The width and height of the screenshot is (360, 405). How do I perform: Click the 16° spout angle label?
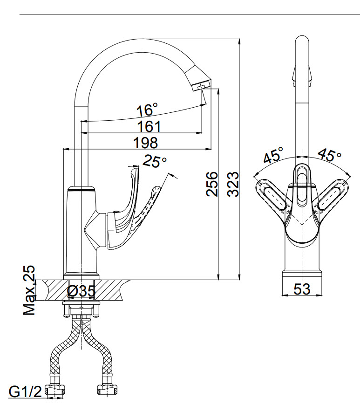tap(147, 110)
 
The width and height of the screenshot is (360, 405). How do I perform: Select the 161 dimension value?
tap(149, 127)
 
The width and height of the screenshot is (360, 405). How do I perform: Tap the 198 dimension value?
tap(145, 143)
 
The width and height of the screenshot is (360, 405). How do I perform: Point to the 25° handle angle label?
tap(155, 161)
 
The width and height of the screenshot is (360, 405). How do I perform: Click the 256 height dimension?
tap(211, 184)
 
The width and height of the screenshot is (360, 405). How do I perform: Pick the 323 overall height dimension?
tap(233, 184)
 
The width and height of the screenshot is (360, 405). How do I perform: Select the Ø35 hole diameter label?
tap(81, 291)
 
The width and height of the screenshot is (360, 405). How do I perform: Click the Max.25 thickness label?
tap(29, 290)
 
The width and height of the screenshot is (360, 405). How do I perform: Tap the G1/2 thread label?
tap(25, 392)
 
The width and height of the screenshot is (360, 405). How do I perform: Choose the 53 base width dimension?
tap(302, 289)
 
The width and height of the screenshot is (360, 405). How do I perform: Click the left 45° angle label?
tap(273, 155)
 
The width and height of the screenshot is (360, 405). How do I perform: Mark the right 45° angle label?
tap(330, 155)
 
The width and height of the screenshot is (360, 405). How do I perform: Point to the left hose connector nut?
tap(55, 390)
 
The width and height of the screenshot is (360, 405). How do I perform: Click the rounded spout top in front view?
tap(302, 42)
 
